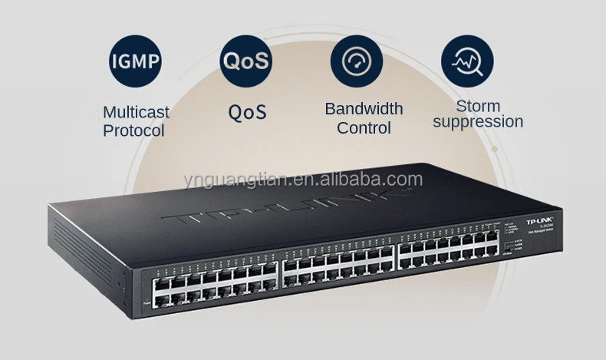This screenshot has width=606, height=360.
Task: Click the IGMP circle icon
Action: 136,60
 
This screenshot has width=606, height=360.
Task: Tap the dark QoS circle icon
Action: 245,60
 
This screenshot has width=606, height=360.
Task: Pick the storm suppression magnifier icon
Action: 466,60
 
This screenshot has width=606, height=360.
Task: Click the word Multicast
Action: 136,112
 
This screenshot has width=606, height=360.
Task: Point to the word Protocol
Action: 133,130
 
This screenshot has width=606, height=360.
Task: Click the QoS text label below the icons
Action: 247,112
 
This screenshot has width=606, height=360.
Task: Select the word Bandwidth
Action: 364,108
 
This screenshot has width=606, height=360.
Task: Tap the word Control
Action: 364,127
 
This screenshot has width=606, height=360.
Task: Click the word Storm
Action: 478,105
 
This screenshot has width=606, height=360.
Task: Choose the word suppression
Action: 478,121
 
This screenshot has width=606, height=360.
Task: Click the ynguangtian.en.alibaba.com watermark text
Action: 303,179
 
